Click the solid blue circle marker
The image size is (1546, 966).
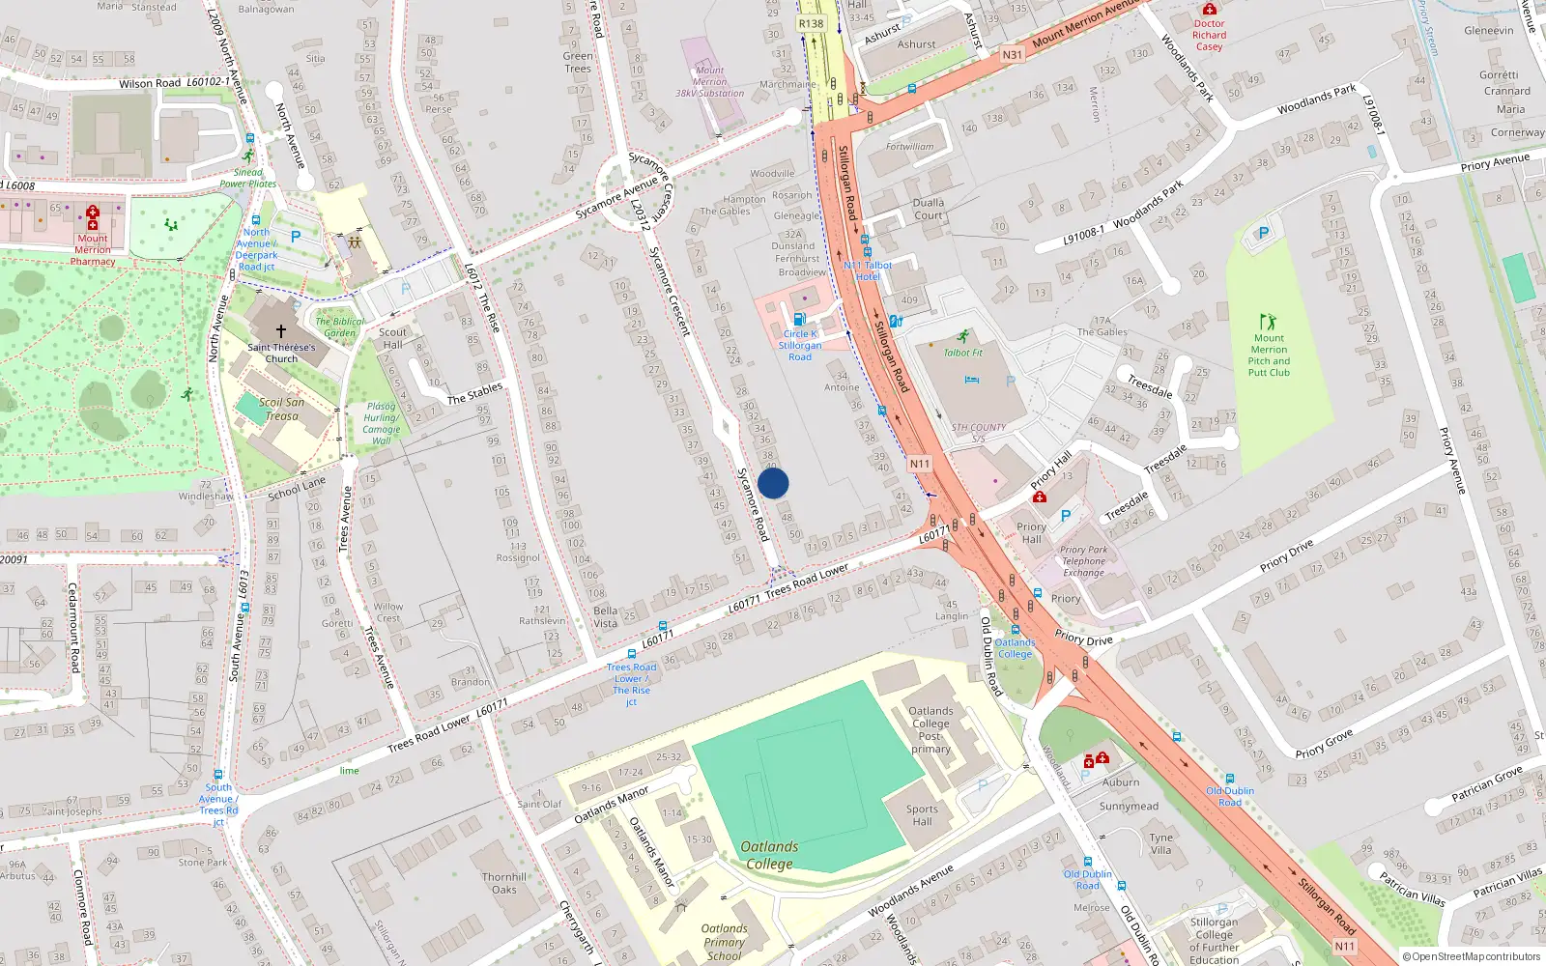[x=773, y=483]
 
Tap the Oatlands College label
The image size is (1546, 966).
[x=769, y=855]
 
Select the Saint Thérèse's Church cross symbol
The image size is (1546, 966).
[x=281, y=330]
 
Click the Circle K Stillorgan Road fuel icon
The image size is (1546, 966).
[x=799, y=319]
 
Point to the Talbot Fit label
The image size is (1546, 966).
[x=963, y=353]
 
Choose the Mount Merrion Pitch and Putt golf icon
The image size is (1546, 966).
[x=1268, y=321]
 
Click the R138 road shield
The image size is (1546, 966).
[x=811, y=24]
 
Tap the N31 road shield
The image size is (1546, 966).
[x=1012, y=55]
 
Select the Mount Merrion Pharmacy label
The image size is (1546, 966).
[x=93, y=249]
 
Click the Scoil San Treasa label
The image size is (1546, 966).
[x=281, y=409]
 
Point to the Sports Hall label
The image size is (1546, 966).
[x=922, y=815]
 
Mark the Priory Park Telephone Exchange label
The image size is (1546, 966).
[x=1083, y=561]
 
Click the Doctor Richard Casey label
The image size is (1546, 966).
[x=1209, y=35]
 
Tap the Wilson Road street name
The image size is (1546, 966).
[x=150, y=84]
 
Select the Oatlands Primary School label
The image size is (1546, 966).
[x=724, y=942]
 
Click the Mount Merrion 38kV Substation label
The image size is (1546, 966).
[x=709, y=82]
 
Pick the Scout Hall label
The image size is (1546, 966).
[x=392, y=338]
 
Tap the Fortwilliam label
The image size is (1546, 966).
[x=910, y=147]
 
